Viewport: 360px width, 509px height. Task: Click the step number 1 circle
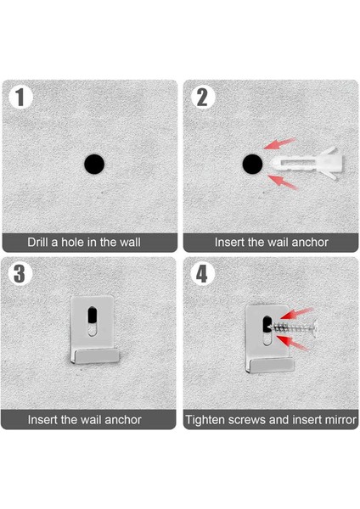coord(20,97)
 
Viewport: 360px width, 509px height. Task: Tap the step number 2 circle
coord(202,97)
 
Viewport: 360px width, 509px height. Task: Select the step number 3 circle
coord(20,274)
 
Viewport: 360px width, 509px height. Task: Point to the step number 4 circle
coord(202,274)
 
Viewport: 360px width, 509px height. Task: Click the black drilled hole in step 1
coord(94,164)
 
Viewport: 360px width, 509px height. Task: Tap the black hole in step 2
coord(253,164)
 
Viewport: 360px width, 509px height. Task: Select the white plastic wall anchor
coord(306,163)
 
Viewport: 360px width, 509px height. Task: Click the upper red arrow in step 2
coord(279,143)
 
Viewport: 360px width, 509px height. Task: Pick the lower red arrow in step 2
coord(282,182)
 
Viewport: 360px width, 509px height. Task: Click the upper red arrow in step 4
coord(296,314)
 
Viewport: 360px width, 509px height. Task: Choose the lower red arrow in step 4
coord(292,343)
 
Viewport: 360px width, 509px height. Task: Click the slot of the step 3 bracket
coord(93,321)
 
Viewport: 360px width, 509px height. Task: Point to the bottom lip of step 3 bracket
coord(95,356)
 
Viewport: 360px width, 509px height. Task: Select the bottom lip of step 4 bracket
coord(271,366)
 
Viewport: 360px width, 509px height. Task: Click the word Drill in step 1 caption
coord(37,242)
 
